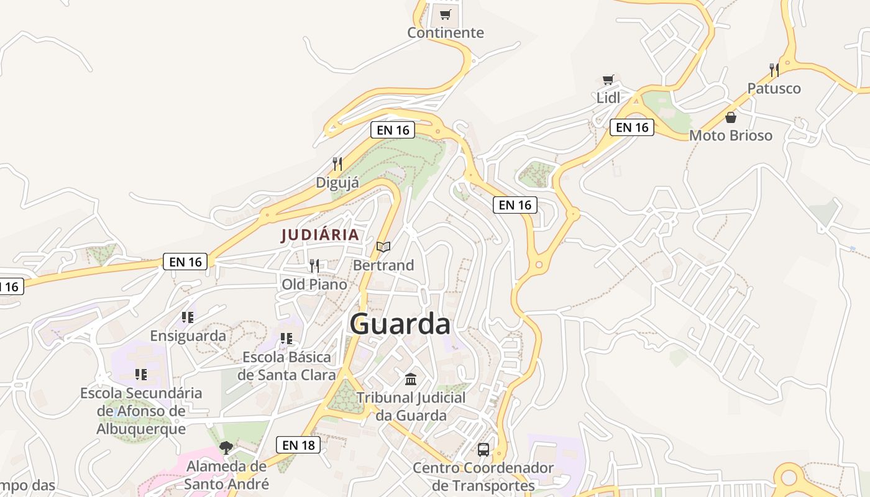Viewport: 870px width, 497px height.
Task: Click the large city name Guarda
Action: (400, 324)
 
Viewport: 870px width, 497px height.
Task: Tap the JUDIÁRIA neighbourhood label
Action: (320, 235)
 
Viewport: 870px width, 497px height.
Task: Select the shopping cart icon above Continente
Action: (445, 15)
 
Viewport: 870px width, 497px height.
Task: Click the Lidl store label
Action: (608, 98)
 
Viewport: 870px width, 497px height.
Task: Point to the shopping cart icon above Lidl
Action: (608, 80)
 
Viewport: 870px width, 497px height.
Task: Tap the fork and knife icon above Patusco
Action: (774, 70)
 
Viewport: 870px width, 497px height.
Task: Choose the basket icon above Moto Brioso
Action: (731, 117)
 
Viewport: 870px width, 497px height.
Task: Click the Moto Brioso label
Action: (731, 135)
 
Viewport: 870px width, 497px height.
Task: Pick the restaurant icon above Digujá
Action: (337, 164)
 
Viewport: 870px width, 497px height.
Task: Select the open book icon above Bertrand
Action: (383, 247)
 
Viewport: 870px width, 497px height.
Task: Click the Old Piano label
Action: (314, 285)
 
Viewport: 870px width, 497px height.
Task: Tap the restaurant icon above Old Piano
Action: (314, 266)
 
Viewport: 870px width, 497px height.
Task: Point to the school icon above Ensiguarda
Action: (188, 317)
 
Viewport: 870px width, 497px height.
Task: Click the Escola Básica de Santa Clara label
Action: (286, 366)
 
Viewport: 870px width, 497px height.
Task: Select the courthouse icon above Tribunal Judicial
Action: (411, 379)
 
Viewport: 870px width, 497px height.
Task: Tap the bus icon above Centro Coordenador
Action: (483, 449)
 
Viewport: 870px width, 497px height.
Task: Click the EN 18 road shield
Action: (298, 445)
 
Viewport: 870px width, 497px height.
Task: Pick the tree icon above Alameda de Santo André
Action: (226, 447)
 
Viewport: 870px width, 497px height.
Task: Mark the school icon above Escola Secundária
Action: (141, 375)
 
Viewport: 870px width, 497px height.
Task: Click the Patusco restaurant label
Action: (774, 88)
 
